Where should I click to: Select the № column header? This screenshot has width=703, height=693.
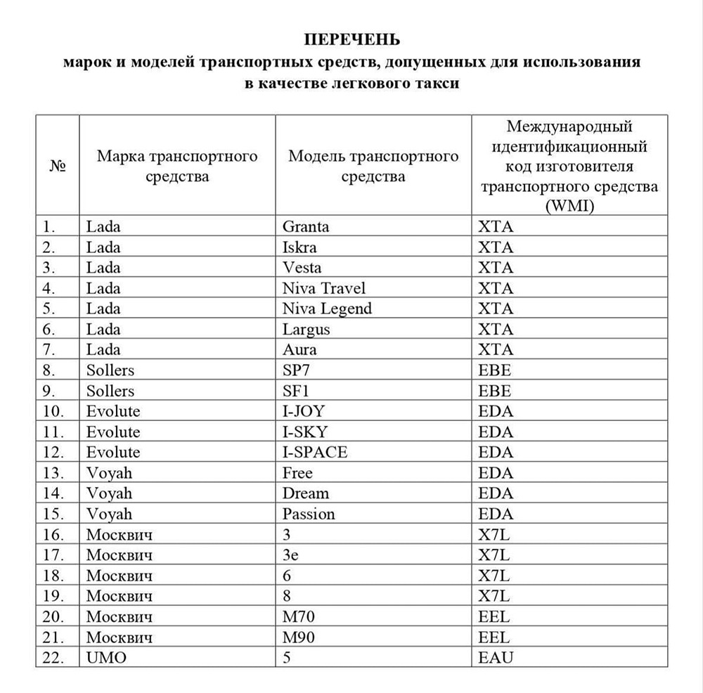pyautogui.click(x=58, y=167)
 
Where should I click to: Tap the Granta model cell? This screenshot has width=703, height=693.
pyautogui.click(x=306, y=226)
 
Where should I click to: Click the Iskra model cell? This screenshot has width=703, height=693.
pyautogui.click(x=299, y=247)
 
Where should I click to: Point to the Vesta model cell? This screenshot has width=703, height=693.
pyautogui.click(x=302, y=267)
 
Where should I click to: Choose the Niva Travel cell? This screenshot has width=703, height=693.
pyautogui.click(x=324, y=287)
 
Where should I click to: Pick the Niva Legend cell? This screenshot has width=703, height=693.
pyautogui.click(x=327, y=308)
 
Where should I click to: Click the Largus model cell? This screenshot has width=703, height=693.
pyautogui.click(x=306, y=329)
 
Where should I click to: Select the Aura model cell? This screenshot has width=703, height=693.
pyautogui.click(x=299, y=349)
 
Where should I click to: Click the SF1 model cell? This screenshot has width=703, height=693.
pyautogui.click(x=295, y=390)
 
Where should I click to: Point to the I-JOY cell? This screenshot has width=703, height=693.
pyautogui.click(x=304, y=410)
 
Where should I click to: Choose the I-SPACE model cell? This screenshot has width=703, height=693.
pyautogui.click(x=315, y=451)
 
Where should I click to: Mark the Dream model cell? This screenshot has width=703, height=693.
pyautogui.click(x=306, y=493)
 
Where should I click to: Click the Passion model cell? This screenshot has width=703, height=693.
pyautogui.click(x=309, y=513)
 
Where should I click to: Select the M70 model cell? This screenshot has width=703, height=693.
pyautogui.click(x=298, y=616)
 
